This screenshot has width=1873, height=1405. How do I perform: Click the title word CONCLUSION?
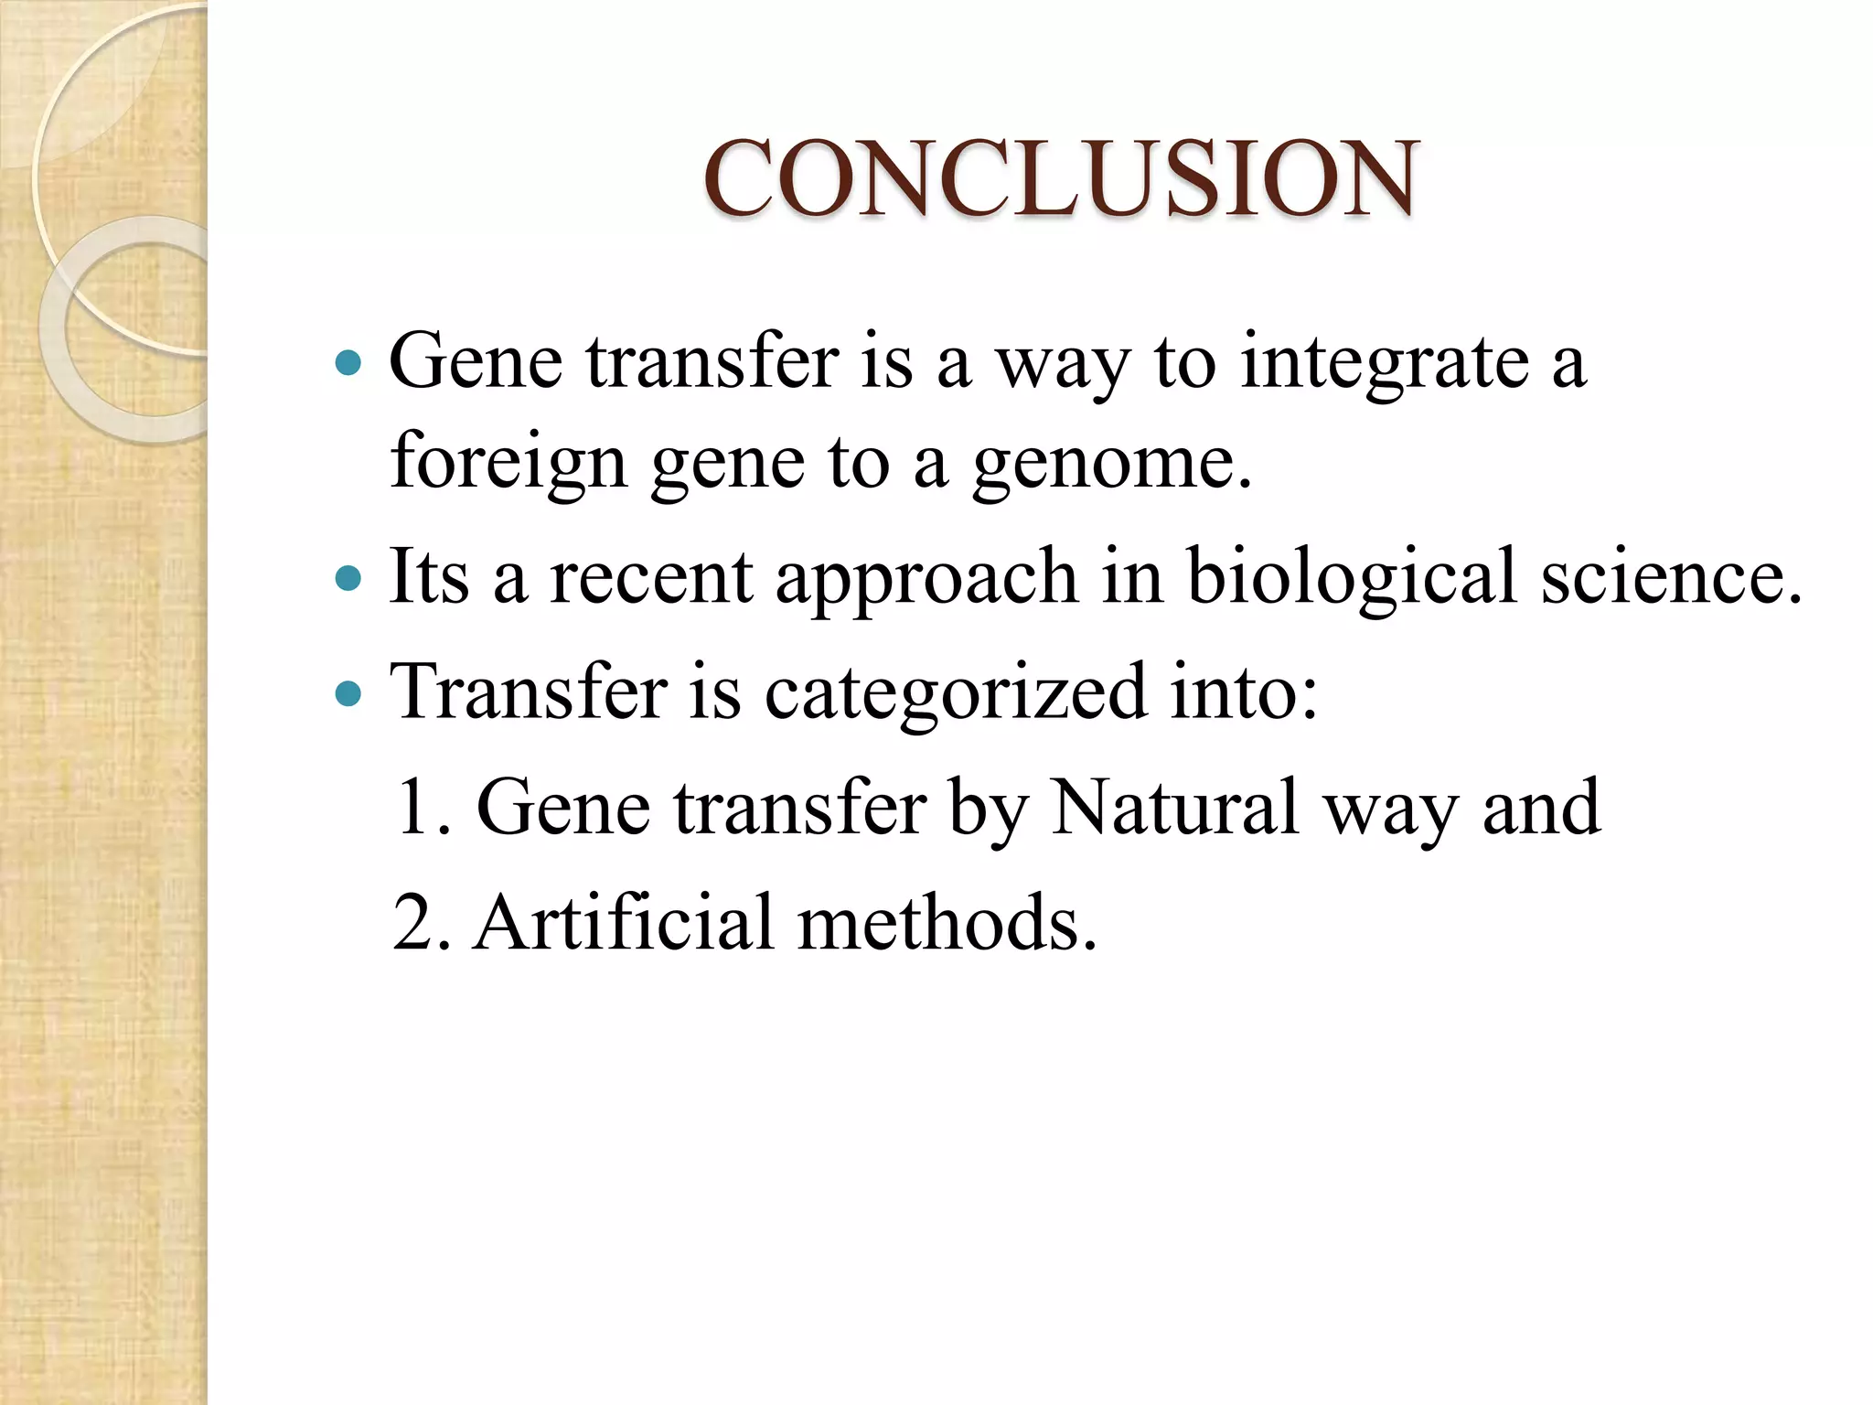tap(1061, 178)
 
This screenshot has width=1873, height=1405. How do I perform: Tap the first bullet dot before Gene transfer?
tap(348, 364)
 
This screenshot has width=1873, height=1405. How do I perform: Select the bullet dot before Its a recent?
tap(348, 579)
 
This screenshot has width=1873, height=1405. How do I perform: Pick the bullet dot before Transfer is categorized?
tap(348, 694)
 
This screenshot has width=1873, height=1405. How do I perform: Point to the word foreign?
tap(508, 462)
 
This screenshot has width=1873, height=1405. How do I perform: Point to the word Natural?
tap(1174, 808)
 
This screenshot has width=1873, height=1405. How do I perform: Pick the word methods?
tap(947, 923)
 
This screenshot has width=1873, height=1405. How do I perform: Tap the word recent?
tap(650, 578)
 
